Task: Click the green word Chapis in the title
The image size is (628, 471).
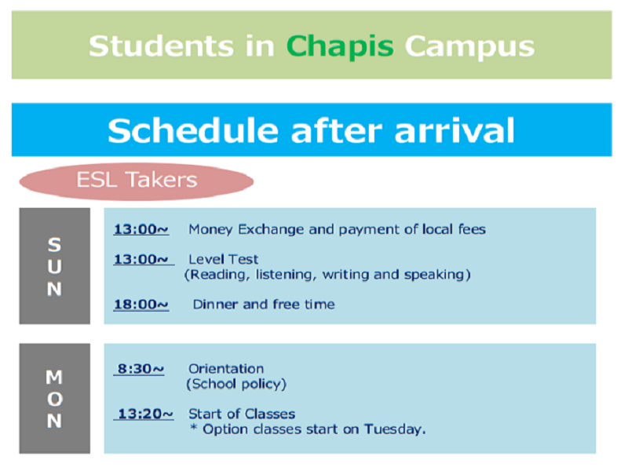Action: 340,47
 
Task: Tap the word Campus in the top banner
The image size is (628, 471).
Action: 469,47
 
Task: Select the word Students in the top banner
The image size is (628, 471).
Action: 161,46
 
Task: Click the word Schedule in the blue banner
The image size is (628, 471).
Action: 192,130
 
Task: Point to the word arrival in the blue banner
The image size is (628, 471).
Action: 455,130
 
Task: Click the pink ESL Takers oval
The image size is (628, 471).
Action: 137,181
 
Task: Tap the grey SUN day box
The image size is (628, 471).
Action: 55,266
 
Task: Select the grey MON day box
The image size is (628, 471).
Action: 55,399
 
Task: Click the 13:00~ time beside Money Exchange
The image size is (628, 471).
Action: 141,229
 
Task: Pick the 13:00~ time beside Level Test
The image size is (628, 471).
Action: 141,260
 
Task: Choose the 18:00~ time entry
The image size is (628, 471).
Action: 141,305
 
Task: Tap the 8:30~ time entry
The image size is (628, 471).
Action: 141,369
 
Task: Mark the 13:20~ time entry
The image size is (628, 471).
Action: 145,414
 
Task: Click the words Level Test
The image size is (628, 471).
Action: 224,260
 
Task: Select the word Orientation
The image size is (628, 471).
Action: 226,369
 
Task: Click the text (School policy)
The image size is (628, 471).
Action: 236,384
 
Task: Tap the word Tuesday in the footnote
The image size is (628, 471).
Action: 395,429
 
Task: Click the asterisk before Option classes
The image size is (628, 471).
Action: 194,428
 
